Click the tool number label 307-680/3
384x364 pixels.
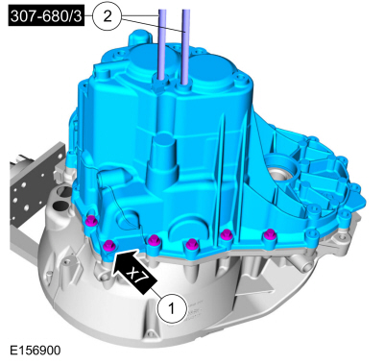click(46, 16)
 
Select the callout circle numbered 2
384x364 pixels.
click(108, 16)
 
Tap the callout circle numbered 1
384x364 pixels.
click(171, 309)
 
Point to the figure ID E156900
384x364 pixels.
click(36, 351)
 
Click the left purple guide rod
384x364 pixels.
click(162, 44)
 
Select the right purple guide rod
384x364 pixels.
click(186, 46)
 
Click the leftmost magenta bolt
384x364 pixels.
click(92, 220)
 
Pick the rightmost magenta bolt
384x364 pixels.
click(270, 235)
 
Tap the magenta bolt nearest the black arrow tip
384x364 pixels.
click(108, 246)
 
